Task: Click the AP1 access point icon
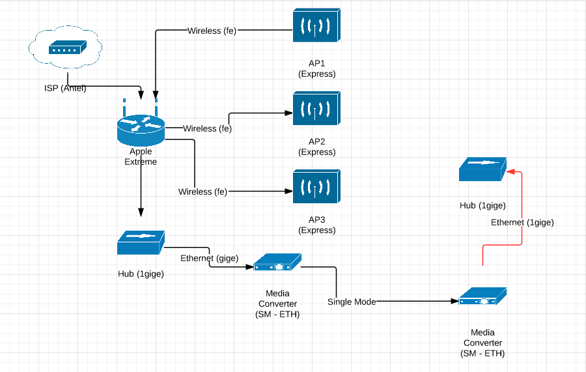(x=317, y=27)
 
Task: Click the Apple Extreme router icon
(x=141, y=127)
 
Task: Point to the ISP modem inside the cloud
(x=67, y=48)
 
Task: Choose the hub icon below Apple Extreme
(x=141, y=242)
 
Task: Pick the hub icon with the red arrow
(x=482, y=169)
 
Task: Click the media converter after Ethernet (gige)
(x=277, y=263)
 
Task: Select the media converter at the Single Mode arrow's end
(x=482, y=296)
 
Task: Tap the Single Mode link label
(x=352, y=302)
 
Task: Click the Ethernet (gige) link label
(x=209, y=258)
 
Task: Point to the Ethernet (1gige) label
(x=522, y=222)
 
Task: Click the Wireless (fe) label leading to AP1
(x=212, y=31)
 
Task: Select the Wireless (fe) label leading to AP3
(x=203, y=192)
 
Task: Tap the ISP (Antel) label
(x=61, y=89)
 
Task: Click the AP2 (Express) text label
(x=317, y=147)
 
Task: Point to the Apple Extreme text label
(x=141, y=156)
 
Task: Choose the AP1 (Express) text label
(x=317, y=68)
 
